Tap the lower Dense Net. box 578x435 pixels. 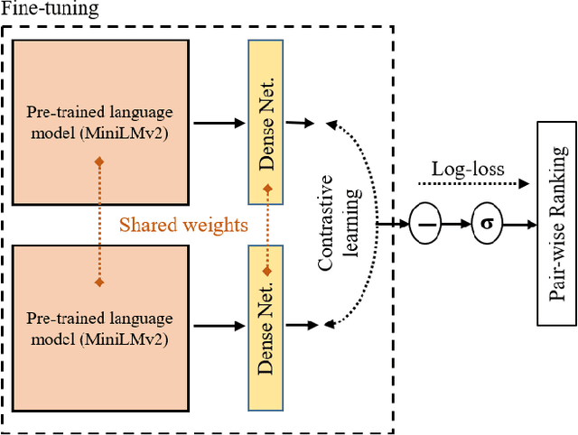(266, 322)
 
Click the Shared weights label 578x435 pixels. (184, 225)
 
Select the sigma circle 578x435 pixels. (485, 222)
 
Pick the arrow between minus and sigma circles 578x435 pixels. (456, 222)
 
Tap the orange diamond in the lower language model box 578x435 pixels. (98, 283)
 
